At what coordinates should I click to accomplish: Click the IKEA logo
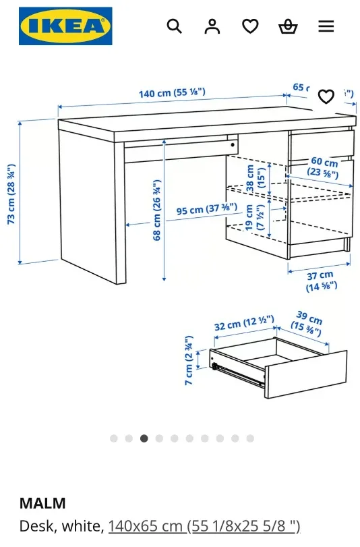coord(65,26)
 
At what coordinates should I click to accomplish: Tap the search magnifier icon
coord(174,26)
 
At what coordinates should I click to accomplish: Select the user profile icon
coord(212,26)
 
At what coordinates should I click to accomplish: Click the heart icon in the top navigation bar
coord(250,26)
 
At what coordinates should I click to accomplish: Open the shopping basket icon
coord(288,26)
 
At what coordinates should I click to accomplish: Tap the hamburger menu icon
coord(326,26)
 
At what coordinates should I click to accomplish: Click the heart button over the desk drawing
coord(326,96)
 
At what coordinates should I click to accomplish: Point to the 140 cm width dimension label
coord(172,92)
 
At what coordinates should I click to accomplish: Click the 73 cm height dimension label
coord(11,194)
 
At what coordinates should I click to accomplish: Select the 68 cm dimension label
coord(157,210)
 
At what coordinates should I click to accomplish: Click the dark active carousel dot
coord(144,438)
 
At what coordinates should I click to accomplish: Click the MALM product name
coord(42,503)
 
